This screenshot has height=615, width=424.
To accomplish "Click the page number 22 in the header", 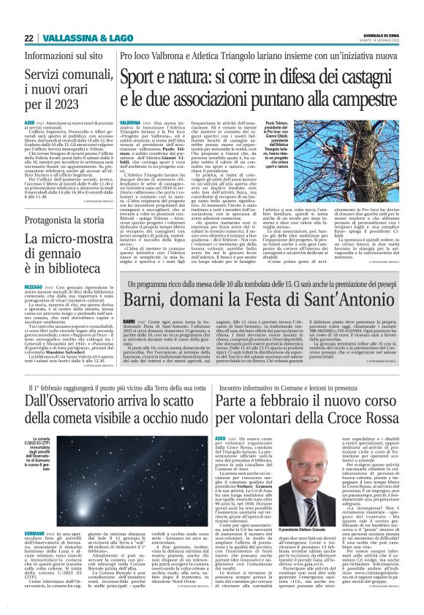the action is pos(29,38).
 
